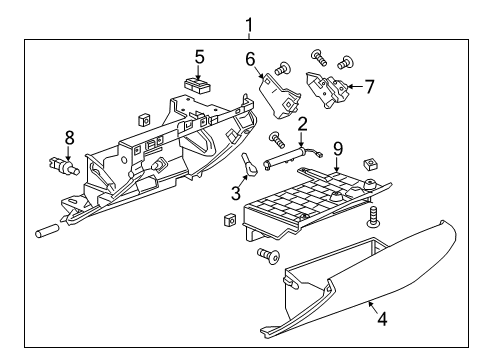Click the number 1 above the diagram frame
point(247,25)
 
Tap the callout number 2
point(300,124)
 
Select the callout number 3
point(236,193)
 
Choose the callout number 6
point(251,59)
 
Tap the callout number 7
point(369,87)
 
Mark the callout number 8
point(68,138)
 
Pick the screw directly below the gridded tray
point(269,257)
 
